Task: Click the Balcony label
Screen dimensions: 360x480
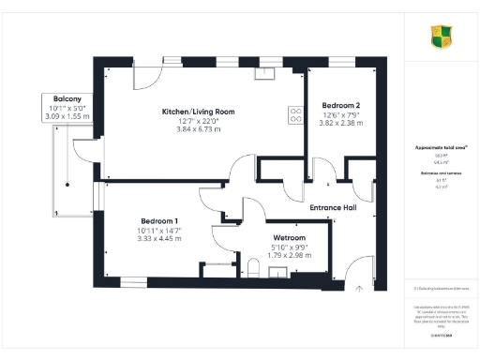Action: coord(66,98)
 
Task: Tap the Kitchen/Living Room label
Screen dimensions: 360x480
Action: coord(198,112)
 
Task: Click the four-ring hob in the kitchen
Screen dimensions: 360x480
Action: coord(295,114)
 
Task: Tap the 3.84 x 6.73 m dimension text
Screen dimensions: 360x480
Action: coord(198,129)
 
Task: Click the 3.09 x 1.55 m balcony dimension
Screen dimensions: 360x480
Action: coord(66,116)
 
